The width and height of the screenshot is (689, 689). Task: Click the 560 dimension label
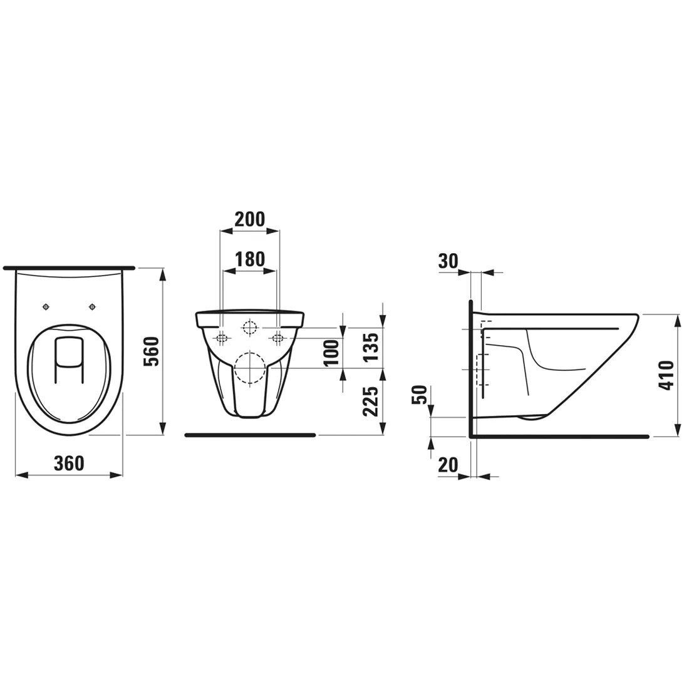tap(153, 353)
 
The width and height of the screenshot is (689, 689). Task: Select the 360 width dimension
tap(68, 463)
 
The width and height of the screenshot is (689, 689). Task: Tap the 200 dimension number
tap(249, 219)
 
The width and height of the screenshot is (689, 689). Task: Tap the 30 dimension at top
tap(448, 261)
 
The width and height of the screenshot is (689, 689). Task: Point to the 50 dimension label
tap(422, 395)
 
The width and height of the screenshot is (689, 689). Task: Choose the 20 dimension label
tap(448, 464)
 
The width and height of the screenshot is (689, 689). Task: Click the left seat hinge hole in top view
tap(46, 306)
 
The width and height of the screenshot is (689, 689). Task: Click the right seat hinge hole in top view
tap(93, 306)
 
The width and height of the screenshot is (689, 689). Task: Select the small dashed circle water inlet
tap(249, 328)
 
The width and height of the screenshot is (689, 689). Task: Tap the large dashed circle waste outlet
tap(249, 368)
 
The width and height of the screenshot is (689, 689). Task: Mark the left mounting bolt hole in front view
tap(221, 338)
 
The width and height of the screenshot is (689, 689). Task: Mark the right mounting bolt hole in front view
tap(277, 338)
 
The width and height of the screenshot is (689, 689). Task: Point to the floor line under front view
tap(251, 434)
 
